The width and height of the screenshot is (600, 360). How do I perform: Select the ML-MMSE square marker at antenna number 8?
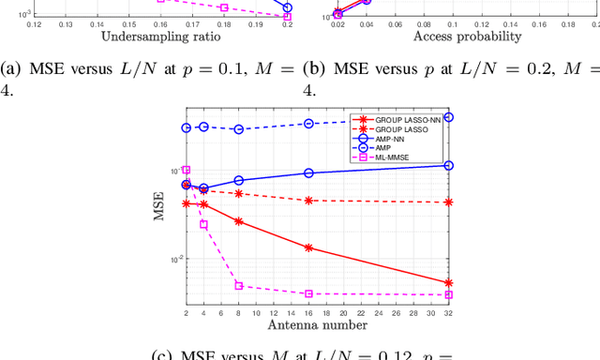coord(238,286)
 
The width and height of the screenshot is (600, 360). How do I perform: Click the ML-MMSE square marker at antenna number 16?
coord(308,293)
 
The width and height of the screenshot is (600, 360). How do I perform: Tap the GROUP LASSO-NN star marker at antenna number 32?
coord(448,282)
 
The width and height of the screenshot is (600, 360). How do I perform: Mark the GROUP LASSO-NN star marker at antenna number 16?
coord(308,247)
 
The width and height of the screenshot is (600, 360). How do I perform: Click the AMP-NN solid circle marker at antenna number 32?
coord(448,165)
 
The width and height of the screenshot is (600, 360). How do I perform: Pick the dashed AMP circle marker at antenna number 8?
coord(238,129)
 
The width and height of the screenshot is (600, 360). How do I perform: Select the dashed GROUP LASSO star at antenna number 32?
coord(448,202)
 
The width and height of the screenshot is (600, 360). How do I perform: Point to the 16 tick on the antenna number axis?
coord(308,312)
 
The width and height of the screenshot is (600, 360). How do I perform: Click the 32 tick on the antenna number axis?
coord(448,312)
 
